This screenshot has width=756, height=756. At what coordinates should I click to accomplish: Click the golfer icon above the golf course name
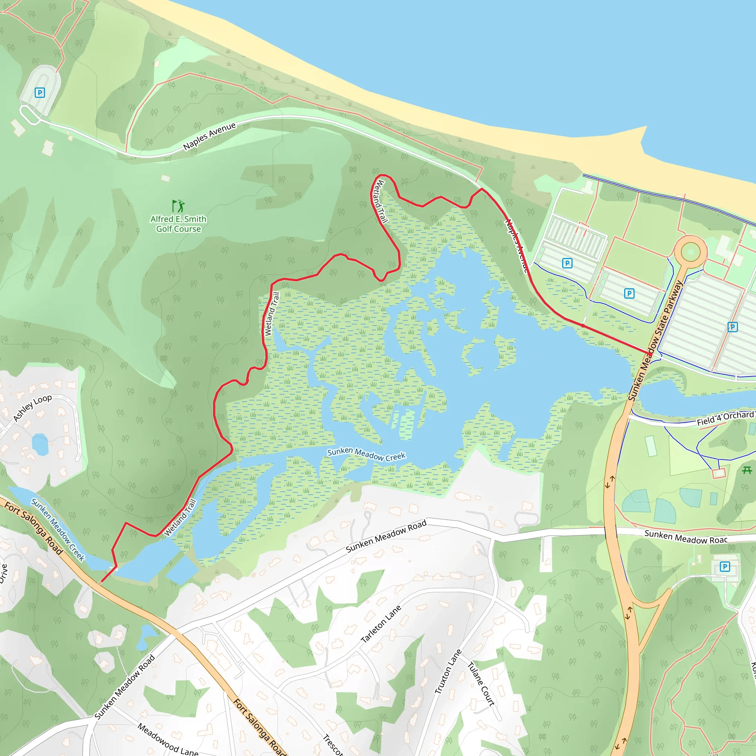tap(178, 206)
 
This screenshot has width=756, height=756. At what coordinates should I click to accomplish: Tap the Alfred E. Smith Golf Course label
tap(178, 224)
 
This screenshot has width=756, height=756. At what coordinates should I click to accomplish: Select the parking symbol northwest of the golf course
tap(40, 93)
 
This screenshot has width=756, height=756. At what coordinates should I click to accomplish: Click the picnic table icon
tap(747, 470)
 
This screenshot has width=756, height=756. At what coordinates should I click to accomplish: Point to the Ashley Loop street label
tap(32, 408)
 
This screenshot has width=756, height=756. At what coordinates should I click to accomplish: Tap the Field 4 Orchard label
tap(725, 418)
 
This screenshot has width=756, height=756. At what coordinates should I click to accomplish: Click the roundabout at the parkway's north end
tap(690, 252)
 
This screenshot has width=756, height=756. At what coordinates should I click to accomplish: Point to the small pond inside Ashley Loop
tap(40, 444)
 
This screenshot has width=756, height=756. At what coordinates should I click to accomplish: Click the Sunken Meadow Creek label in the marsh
tap(366, 454)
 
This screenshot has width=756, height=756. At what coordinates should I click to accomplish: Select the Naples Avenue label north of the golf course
tap(210, 136)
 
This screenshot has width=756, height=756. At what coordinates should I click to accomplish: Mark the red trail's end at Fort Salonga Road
tap(100, 583)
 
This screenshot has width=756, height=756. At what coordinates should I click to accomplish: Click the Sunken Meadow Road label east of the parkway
tap(685, 537)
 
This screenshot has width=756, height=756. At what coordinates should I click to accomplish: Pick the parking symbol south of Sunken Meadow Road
tap(725, 566)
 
